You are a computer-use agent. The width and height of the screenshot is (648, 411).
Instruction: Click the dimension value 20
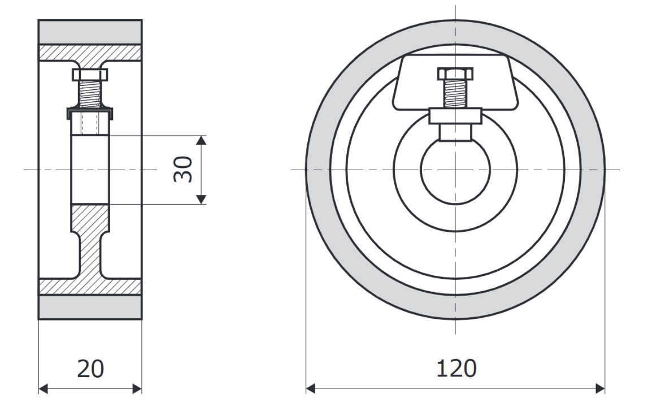[x=90, y=369]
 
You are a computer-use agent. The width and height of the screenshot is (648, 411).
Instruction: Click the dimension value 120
[x=455, y=369]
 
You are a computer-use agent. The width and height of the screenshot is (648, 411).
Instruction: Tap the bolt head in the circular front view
[x=455, y=73]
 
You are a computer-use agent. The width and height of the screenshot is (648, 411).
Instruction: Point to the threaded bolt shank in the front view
[x=455, y=93]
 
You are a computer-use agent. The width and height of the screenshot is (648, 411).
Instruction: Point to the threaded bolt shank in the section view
[x=90, y=93]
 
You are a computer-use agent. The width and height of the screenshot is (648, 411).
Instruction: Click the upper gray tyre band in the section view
[x=90, y=32]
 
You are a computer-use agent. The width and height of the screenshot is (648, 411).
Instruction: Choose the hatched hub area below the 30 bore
[x=90, y=218]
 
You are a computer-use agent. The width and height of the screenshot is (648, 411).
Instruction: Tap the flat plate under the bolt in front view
[x=455, y=116]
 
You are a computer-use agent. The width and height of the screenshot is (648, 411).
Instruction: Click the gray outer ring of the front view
[x=318, y=170]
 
